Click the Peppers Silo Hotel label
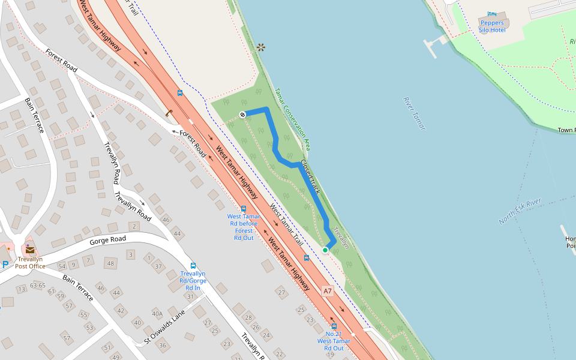point(491,26)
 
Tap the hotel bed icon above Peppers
point(492,14)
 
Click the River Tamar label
point(414,113)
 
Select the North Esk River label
point(520,211)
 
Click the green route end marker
point(325,250)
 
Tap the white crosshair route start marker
point(242,114)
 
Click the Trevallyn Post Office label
point(30,263)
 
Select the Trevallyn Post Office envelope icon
point(29,249)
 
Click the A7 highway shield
point(327,292)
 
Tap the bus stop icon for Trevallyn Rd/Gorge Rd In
point(193,265)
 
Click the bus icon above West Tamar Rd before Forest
point(243,209)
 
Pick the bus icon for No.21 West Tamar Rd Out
point(334,326)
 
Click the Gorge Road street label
point(108,240)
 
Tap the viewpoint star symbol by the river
point(260,47)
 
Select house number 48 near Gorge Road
point(110,263)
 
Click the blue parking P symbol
point(5,265)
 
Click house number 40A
point(157,313)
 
